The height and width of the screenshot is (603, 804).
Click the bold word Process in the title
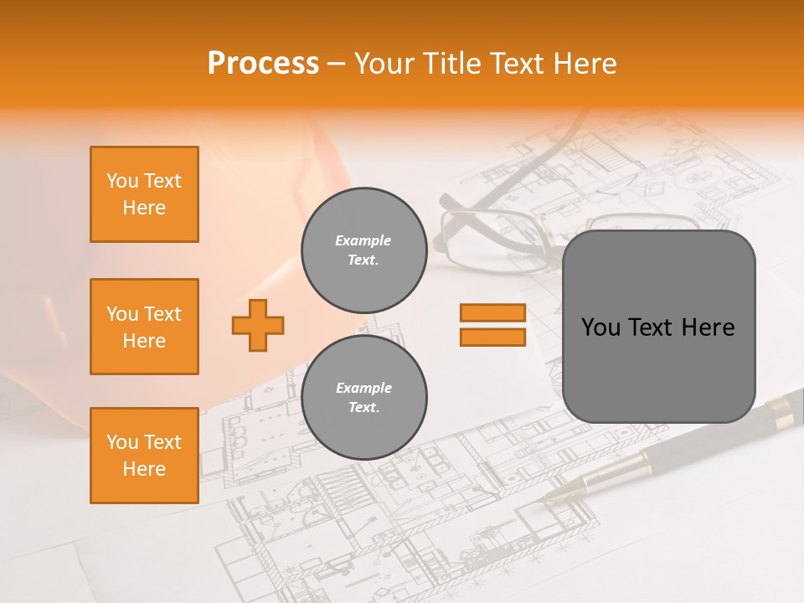pos(263,63)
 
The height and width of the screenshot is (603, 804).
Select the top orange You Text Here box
pos(144,194)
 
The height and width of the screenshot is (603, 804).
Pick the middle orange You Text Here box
pos(144,327)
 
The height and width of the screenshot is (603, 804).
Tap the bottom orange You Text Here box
pos(144,456)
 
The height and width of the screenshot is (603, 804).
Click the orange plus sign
pos(258,325)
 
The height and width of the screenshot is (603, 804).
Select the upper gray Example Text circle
pos(364,250)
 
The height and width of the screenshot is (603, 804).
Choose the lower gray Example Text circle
pos(364,398)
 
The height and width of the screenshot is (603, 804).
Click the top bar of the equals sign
pos(492,313)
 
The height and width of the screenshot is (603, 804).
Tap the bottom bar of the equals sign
pos(492,337)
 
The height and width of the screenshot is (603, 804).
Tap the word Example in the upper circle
pos(363,240)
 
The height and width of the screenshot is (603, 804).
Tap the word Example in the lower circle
pos(363,388)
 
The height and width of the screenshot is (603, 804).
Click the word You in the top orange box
pos(121,181)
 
